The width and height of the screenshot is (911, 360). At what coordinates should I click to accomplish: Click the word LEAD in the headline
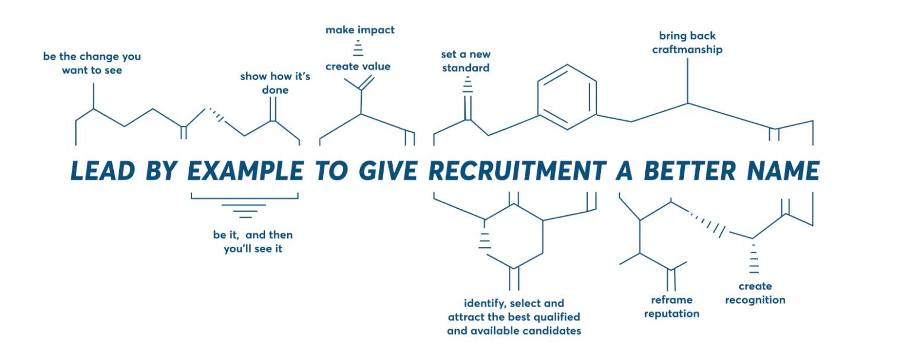(103, 170)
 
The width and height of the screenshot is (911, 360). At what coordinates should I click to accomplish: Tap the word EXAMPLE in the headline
(246, 170)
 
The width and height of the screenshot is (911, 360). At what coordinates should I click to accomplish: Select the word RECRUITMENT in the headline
(518, 170)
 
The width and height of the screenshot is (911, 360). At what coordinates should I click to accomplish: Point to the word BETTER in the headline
(690, 170)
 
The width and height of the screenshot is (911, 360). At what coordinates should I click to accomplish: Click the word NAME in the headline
(783, 170)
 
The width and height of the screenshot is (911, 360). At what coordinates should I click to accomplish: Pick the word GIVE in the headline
(388, 170)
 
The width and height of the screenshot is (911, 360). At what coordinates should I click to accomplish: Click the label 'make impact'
(360, 30)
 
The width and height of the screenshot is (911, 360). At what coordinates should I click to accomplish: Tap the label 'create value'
(358, 66)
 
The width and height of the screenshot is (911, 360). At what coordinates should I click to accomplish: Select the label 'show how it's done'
(275, 83)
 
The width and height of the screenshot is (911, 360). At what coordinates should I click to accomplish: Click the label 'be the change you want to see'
(92, 63)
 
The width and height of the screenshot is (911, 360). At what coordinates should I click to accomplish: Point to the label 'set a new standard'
(466, 61)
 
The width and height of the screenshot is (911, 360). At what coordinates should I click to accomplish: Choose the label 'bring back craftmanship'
(687, 43)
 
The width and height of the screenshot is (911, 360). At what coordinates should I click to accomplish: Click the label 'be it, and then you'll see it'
(253, 241)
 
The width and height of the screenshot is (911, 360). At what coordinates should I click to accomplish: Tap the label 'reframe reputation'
(672, 307)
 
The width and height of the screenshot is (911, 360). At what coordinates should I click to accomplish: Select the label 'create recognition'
(755, 293)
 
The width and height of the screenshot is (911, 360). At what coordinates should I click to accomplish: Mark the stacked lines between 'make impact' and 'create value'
(358, 48)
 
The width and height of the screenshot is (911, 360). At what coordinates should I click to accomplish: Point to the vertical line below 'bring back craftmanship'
(688, 81)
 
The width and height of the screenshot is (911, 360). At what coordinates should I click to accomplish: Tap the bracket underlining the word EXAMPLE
(244, 199)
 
